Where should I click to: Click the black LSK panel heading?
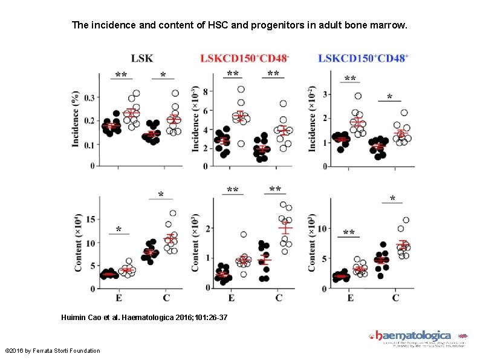point(142,59)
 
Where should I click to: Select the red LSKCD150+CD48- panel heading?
point(244,59)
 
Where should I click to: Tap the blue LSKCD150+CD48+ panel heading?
point(363,59)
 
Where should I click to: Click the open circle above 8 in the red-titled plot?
point(241,90)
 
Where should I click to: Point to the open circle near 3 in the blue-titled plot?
point(358,96)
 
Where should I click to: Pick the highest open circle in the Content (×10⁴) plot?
point(173,213)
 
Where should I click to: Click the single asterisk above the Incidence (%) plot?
point(163,75)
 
